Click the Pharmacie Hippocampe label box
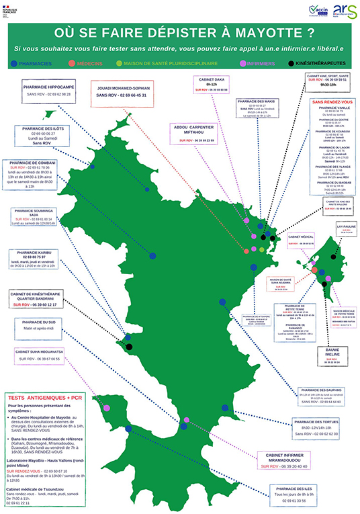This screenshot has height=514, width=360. click(x=46, y=91)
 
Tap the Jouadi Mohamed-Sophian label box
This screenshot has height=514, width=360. click(x=122, y=92)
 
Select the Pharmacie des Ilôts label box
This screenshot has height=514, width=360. click(x=46, y=137)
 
